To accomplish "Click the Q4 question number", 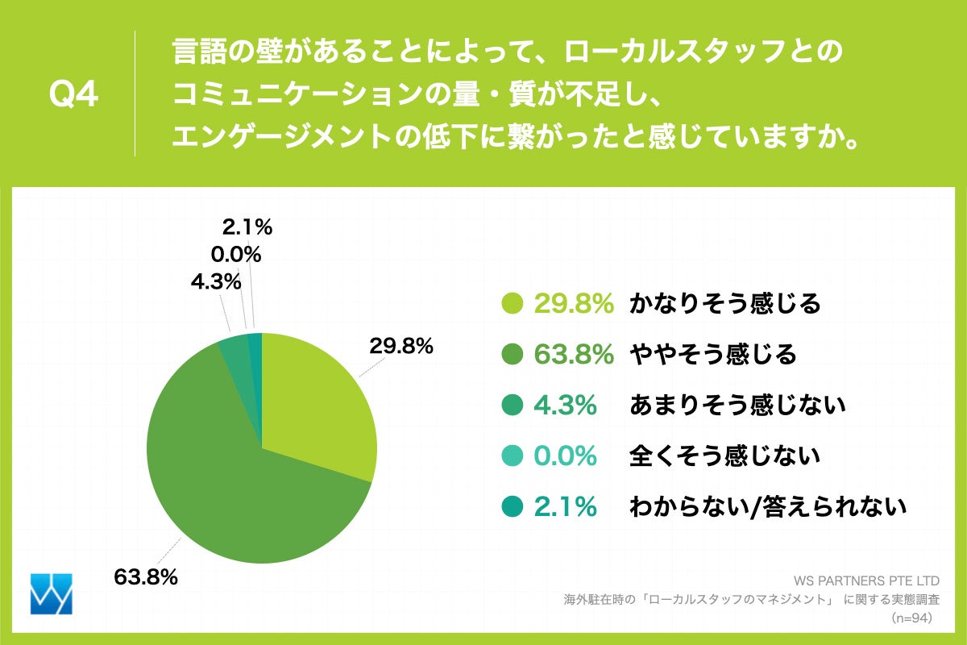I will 73,95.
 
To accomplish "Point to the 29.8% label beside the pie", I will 401,347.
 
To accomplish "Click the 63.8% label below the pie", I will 146,577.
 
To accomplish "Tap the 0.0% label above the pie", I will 235,255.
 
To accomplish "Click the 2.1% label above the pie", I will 247,228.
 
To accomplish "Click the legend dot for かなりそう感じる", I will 512,304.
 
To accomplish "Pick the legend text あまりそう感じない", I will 737,406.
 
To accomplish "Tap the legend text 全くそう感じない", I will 724,456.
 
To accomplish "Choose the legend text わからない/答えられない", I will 767,507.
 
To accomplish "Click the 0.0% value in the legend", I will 565,456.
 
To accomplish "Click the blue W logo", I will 51,594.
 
